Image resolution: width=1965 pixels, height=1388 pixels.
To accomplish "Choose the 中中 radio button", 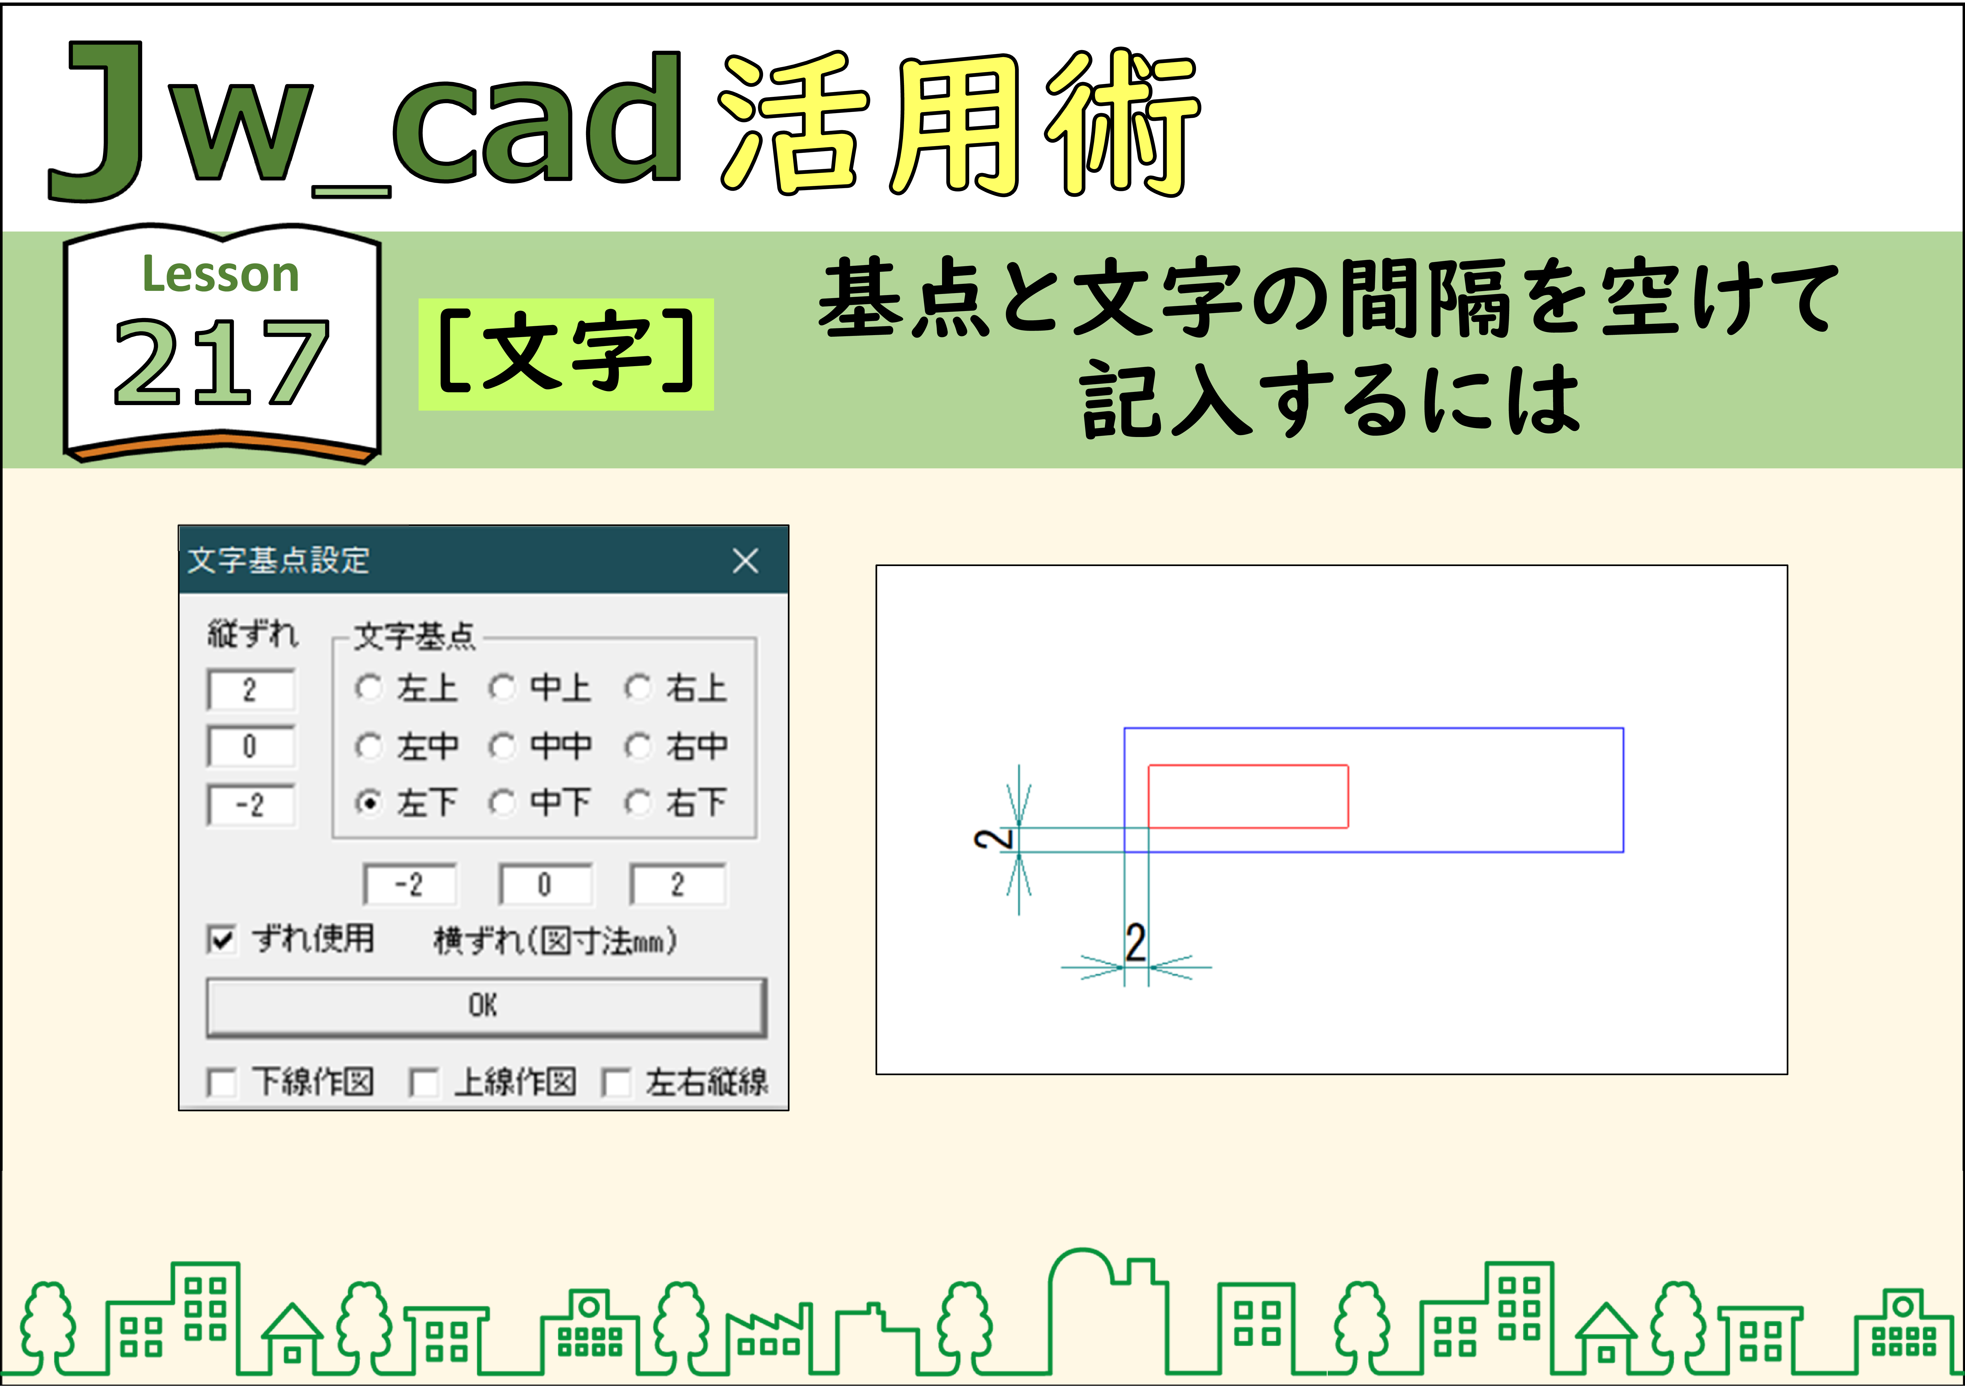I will [502, 746].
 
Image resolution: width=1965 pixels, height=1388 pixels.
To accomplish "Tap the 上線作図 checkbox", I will [424, 1083].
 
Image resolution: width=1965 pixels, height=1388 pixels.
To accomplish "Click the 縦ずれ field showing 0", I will [251, 746].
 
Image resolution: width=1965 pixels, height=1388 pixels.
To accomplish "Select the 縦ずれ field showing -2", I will [251, 804].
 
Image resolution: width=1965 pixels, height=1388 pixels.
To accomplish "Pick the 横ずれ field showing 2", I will [677, 884].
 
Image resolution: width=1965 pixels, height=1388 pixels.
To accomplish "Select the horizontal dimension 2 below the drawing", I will [1136, 943].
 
